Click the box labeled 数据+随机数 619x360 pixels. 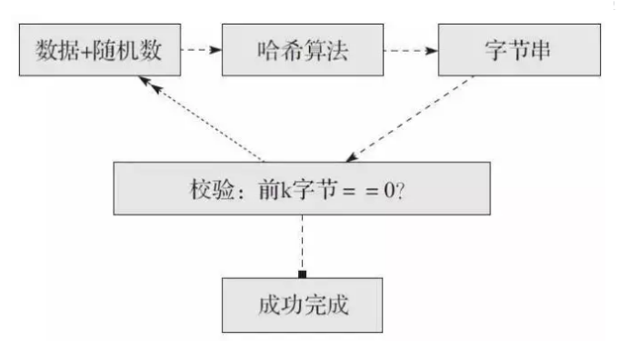[x=95, y=49]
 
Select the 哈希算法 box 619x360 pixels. [x=300, y=49]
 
